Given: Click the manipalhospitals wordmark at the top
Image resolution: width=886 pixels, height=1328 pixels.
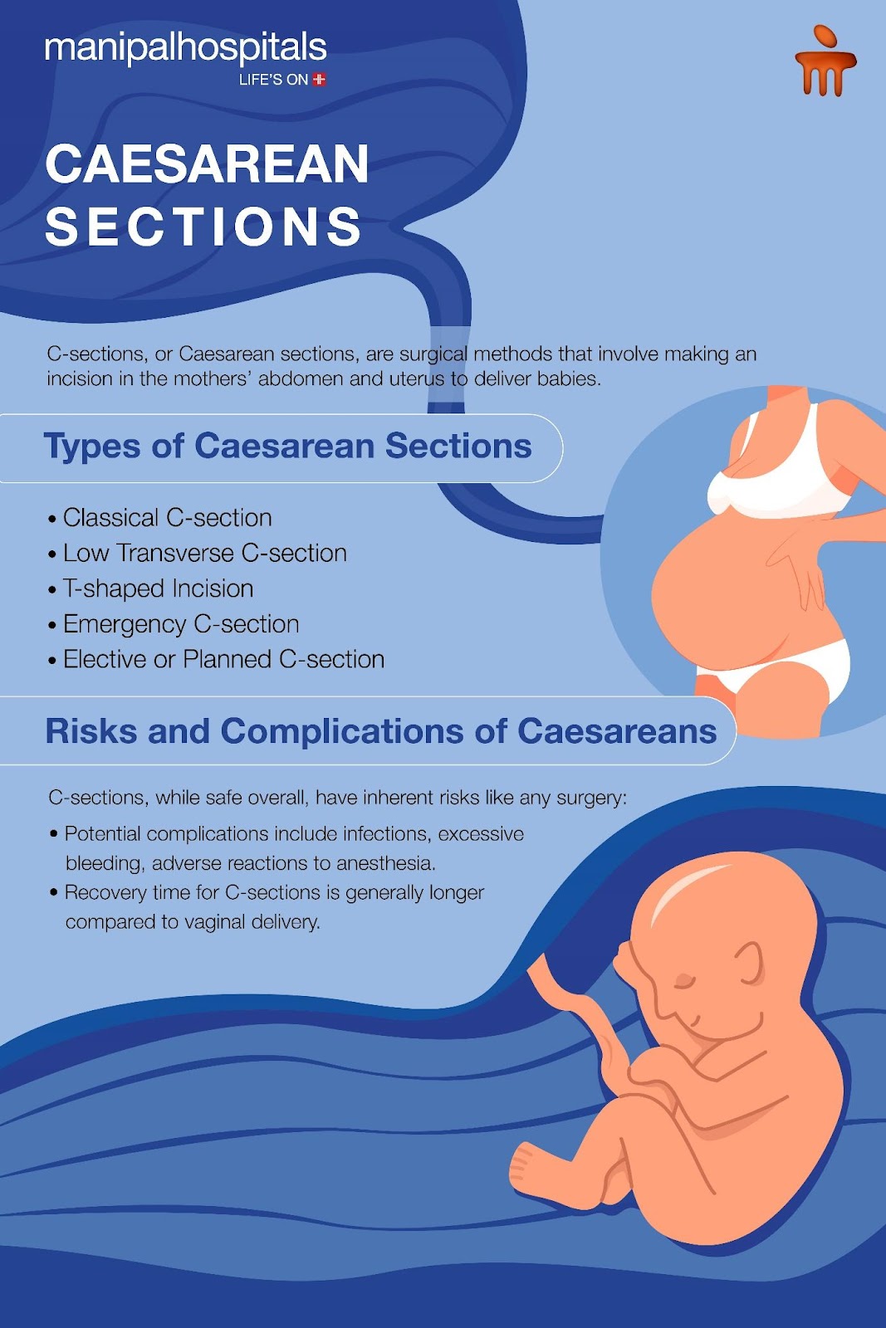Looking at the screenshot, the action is point(186,49).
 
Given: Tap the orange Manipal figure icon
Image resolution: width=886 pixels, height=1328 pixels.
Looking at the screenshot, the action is point(825,61).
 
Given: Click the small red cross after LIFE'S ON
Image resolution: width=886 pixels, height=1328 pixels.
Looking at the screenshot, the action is point(319,80).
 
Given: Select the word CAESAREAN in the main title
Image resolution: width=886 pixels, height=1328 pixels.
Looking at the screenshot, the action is point(207,164).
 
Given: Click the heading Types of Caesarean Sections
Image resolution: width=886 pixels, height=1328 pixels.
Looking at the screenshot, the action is point(287,446).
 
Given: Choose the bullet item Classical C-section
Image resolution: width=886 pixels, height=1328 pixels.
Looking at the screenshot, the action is point(167,518).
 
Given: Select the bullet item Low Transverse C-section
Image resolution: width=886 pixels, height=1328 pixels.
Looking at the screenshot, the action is point(204,553).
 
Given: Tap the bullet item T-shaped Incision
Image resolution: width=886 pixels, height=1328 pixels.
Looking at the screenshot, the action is point(159,588).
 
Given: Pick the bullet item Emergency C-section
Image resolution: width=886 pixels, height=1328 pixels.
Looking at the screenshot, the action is point(181,624).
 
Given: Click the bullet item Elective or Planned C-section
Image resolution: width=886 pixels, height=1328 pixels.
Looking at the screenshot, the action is point(223,659).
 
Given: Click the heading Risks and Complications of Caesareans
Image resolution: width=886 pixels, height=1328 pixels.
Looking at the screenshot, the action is point(381,731).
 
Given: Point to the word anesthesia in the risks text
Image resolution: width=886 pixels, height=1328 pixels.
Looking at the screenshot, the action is point(386,863).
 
